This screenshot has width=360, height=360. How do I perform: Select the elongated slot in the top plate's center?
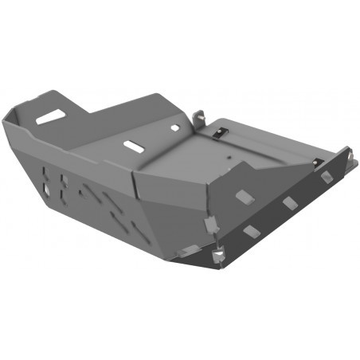pos(131,147)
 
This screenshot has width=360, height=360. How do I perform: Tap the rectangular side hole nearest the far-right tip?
pos(327,178)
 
